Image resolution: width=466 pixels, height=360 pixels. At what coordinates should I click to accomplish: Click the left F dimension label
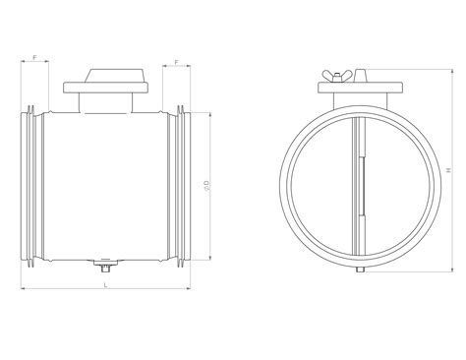click(x=34, y=57)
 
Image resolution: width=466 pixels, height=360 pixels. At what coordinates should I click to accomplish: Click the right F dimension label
click(x=177, y=62)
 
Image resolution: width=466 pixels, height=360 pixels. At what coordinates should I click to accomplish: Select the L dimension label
click(x=105, y=285)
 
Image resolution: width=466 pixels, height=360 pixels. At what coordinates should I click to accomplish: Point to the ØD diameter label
click(x=206, y=185)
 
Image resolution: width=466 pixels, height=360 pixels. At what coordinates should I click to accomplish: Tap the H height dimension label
click(x=449, y=170)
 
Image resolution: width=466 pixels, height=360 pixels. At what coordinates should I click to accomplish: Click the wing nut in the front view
click(x=336, y=76)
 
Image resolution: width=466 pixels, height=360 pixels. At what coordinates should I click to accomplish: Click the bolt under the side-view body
click(x=105, y=265)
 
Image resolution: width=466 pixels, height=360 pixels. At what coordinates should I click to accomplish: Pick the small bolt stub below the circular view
click(x=360, y=270)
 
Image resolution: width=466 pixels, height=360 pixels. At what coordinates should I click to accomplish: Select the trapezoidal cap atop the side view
click(x=114, y=76)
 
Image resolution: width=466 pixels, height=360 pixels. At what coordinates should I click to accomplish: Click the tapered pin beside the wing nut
click(x=360, y=76)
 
